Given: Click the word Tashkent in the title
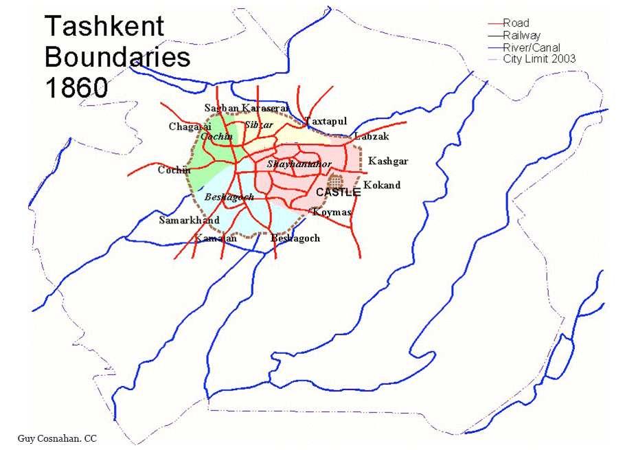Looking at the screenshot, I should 104,27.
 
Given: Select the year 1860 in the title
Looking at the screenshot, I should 76,87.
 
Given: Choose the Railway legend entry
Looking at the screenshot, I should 521,35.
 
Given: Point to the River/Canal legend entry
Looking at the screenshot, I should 531,47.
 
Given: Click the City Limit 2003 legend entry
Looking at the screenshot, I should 539,59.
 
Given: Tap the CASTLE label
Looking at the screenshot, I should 338,192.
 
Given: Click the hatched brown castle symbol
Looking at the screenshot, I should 336,181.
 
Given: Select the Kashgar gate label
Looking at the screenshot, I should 388,161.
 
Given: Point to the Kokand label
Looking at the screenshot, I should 382,185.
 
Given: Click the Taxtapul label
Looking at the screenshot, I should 326,121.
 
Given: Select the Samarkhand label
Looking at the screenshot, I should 189,221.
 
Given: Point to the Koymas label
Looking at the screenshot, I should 332,212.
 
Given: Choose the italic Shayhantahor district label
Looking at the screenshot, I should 299,164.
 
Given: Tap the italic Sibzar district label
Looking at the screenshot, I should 259,124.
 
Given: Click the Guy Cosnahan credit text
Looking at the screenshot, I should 58,438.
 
